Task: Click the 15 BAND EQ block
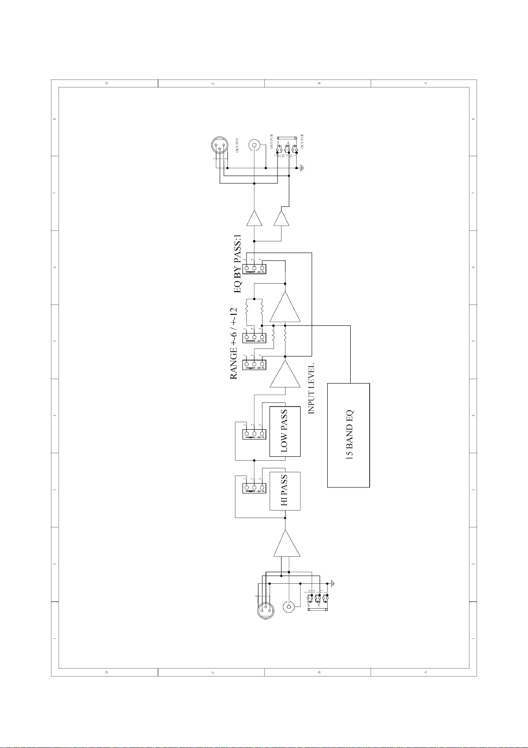[348, 435]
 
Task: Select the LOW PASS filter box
[285, 431]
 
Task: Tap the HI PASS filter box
[285, 491]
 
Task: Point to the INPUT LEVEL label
[311, 389]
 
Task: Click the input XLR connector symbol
[266, 611]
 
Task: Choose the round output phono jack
[254, 145]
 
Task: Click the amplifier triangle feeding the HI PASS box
[287, 544]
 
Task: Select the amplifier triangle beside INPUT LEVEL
[284, 374]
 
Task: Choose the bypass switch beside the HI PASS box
[254, 488]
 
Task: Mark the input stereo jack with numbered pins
[317, 602]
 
